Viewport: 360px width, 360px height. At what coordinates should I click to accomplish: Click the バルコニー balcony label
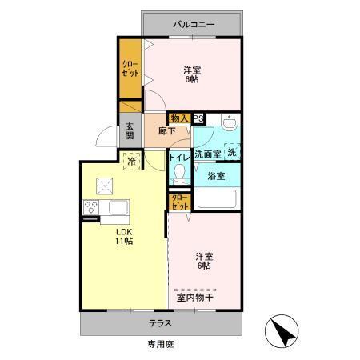pyautogui.click(x=194, y=25)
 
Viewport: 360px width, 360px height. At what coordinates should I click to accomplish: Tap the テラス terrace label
pyautogui.click(x=160, y=323)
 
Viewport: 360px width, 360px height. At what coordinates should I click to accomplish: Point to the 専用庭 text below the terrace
pyautogui.click(x=161, y=344)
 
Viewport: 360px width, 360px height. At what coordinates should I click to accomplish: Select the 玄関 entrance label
pyautogui.click(x=130, y=131)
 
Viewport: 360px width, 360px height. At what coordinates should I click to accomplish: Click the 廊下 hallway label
pyautogui.click(x=166, y=131)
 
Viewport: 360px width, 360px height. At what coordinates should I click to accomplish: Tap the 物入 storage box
pyautogui.click(x=179, y=118)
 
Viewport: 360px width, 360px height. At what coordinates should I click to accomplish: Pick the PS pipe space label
pyautogui.click(x=198, y=118)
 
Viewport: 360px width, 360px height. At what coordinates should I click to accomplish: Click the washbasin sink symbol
pyautogui.click(x=230, y=122)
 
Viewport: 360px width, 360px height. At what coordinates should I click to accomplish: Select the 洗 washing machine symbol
pyautogui.click(x=232, y=152)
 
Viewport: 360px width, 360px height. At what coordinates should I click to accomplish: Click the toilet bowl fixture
pyautogui.click(x=179, y=174)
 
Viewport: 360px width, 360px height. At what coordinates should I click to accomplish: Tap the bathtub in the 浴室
pyautogui.click(x=217, y=198)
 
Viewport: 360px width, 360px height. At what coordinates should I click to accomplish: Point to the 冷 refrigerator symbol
pyautogui.click(x=131, y=161)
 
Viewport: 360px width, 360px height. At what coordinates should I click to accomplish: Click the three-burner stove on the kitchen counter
pyautogui.click(x=91, y=207)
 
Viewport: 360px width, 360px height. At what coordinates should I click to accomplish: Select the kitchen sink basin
pyautogui.click(x=118, y=207)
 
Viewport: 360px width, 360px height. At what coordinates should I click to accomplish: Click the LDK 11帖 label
pyautogui.click(x=124, y=236)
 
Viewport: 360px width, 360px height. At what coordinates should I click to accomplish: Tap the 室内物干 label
pyautogui.click(x=195, y=298)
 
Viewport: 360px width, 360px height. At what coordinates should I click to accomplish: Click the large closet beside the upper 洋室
pyautogui.click(x=130, y=69)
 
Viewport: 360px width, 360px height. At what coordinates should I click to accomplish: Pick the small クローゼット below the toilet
pyautogui.click(x=180, y=202)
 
